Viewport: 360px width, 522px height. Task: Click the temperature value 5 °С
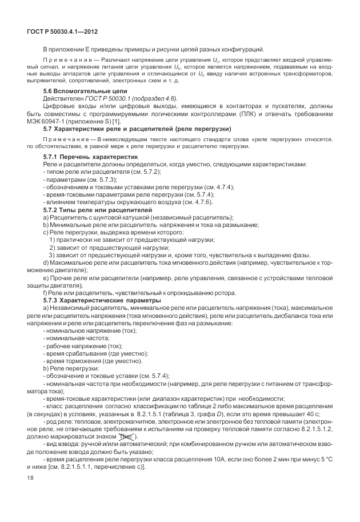point(321,460)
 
